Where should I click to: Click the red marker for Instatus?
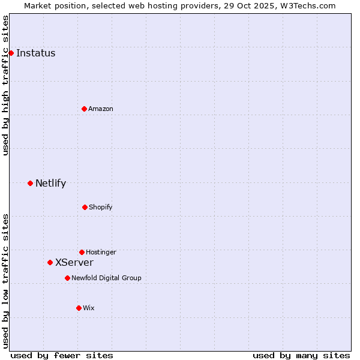click(11, 53)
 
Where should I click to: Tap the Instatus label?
click(35, 53)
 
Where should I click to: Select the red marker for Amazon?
click(84, 109)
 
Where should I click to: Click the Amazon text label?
click(101, 109)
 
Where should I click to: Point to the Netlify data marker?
click(30, 183)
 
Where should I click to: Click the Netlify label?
click(50, 184)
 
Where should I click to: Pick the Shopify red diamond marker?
click(85, 207)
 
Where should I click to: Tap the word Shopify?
click(101, 208)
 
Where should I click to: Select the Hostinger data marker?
click(82, 252)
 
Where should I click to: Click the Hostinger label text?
click(101, 253)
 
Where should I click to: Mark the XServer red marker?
click(50, 262)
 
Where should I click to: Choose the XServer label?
click(74, 263)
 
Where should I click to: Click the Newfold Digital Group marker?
click(67, 278)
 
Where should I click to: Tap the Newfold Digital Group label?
click(106, 278)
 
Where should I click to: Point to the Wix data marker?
click(79, 308)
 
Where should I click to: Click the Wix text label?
click(89, 308)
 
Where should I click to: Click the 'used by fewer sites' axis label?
click(62, 355)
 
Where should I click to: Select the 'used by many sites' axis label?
click(301, 355)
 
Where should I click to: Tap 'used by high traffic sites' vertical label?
click(5, 85)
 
